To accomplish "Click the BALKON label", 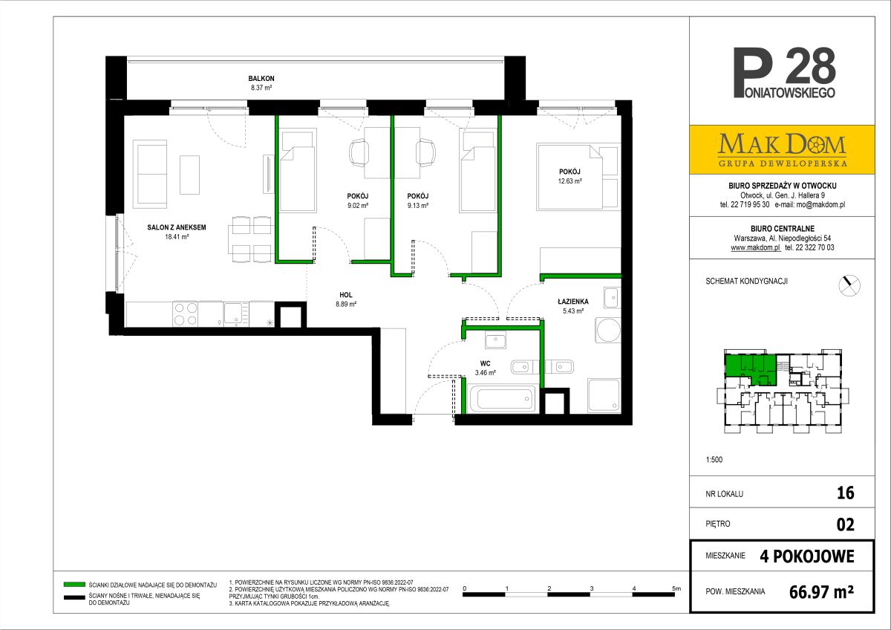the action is click(x=261, y=79).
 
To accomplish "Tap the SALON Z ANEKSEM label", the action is click(x=177, y=227).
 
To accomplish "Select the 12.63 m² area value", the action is click(x=570, y=181).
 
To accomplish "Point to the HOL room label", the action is click(x=346, y=295).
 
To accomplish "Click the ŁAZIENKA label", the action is click(x=572, y=302).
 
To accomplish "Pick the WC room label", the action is click(x=486, y=363).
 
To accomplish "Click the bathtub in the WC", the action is click(x=502, y=398).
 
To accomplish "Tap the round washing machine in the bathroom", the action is click(x=608, y=330).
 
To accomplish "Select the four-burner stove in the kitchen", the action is click(x=186, y=314).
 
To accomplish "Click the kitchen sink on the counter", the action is click(x=236, y=314).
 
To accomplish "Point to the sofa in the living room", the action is click(x=150, y=174).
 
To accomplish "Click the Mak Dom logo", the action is click(x=782, y=149).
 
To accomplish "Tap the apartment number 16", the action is click(x=845, y=493).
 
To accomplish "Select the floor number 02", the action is click(x=845, y=525).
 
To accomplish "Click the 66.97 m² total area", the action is click(x=821, y=592).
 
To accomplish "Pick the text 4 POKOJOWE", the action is click(x=807, y=556).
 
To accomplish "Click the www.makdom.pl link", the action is click(x=755, y=247).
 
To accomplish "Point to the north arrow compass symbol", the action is click(x=849, y=285).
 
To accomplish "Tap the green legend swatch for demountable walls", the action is click(x=74, y=584).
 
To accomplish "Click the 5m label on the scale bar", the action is click(x=676, y=588).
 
